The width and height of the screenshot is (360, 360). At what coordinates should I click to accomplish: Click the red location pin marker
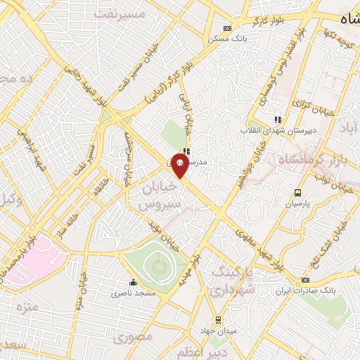[x=180, y=166]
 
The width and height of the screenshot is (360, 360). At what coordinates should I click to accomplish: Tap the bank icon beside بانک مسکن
[x=226, y=28]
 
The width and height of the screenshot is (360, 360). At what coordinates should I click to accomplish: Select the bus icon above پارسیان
[x=297, y=193]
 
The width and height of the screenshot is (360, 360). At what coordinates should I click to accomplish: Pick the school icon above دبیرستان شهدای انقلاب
[x=278, y=119]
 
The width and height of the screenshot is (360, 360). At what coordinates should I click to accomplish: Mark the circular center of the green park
[x=156, y=266]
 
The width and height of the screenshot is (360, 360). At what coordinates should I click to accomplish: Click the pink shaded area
[x=28, y=260]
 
